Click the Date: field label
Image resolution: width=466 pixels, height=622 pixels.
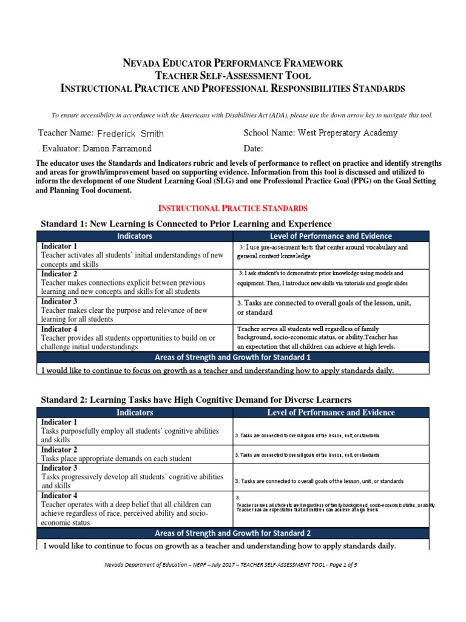click(x=253, y=148)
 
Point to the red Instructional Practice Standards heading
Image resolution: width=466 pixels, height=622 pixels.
click(x=233, y=208)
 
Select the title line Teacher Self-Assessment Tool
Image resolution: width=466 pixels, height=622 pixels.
click(x=233, y=76)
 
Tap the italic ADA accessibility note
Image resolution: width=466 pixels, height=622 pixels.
click(x=233, y=115)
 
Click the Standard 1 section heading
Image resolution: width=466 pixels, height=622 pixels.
click(x=186, y=224)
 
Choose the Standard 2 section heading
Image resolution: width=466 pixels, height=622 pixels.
click(x=195, y=399)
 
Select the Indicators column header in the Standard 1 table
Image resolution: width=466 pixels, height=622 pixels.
click(x=135, y=236)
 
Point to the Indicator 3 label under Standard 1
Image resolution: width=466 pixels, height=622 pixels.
click(x=59, y=301)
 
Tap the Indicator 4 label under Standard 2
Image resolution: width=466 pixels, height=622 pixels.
click(x=59, y=496)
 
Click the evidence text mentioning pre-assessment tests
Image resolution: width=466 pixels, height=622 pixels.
click(x=323, y=251)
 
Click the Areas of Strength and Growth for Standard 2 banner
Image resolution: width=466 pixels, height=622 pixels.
click(x=233, y=533)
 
